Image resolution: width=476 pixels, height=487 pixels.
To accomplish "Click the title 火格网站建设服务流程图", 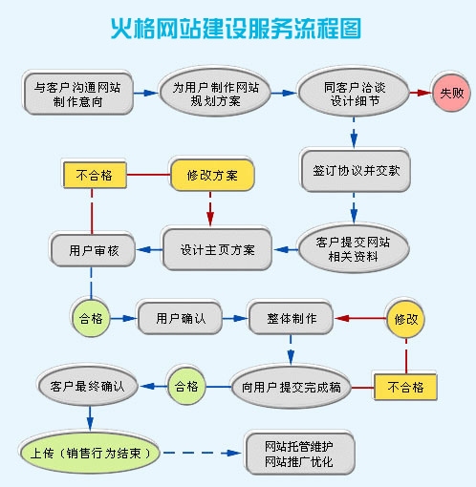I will [x=236, y=28].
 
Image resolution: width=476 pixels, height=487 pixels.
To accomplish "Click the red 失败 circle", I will [x=448, y=93].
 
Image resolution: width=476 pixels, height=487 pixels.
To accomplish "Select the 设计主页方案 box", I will [x=218, y=249].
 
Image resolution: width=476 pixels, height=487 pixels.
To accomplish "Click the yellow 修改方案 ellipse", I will [x=212, y=174].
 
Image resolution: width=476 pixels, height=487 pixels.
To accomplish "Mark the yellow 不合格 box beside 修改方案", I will [x=93, y=174].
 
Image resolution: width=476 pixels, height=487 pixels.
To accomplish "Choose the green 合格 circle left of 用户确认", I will [x=92, y=317].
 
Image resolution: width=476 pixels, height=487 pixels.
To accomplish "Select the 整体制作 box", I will [x=290, y=317].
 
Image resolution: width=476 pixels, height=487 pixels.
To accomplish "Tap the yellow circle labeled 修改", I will [x=406, y=318].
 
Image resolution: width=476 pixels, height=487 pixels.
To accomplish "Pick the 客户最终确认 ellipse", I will [x=87, y=387].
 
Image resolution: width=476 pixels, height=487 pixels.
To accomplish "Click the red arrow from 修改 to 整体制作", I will [x=358, y=317].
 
